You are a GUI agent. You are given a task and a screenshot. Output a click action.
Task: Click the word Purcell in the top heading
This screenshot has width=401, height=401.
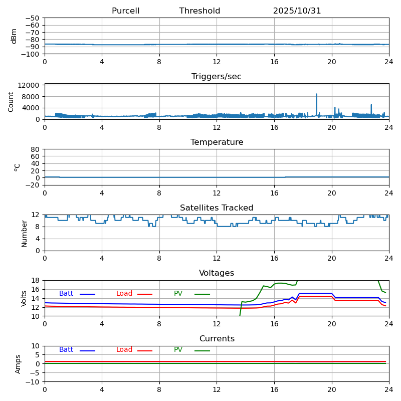[x=125, y=11]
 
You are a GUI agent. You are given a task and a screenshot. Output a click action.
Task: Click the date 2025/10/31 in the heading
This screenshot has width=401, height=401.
[x=297, y=11]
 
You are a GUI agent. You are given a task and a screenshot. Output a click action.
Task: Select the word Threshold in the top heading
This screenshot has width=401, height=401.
[x=199, y=11]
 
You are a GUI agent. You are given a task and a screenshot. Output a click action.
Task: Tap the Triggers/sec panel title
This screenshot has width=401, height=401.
[x=217, y=77]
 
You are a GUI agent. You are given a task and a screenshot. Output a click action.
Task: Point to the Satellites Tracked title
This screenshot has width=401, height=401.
[x=217, y=208]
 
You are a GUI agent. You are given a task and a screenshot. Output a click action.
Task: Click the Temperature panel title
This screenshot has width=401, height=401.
[x=217, y=142]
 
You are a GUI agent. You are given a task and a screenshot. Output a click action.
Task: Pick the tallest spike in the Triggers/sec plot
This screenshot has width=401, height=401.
[x=316, y=94]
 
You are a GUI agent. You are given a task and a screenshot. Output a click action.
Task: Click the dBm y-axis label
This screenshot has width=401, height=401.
[x=14, y=36]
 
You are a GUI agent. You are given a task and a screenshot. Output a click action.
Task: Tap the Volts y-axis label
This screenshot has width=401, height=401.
[x=24, y=298]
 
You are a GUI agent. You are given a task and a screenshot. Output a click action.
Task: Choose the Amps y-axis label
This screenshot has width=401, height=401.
[x=19, y=364]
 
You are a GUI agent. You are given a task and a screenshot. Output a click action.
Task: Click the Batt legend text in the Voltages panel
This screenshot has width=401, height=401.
[x=66, y=294]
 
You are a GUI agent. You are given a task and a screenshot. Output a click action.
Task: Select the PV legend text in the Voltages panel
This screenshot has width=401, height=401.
[x=178, y=294]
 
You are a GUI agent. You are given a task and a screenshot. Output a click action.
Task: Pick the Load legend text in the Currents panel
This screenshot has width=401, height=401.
[x=124, y=350]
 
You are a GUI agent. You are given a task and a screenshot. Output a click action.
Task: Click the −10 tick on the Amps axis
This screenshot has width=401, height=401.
[x=33, y=382]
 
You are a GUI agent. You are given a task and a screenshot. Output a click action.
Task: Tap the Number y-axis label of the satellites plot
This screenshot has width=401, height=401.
[x=24, y=233]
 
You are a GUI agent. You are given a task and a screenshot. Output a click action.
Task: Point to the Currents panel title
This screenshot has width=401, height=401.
[x=217, y=339]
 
